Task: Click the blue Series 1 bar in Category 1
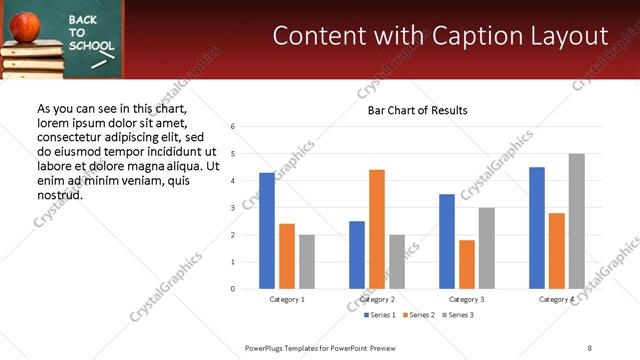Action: (x=267, y=231)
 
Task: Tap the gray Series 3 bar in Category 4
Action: (x=576, y=221)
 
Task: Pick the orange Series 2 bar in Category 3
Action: (x=467, y=264)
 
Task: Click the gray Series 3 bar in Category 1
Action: (x=306, y=262)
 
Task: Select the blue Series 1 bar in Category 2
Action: (x=357, y=255)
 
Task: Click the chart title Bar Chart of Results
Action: (x=411, y=110)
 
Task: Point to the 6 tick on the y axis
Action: (x=232, y=127)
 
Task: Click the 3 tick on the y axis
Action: (x=232, y=208)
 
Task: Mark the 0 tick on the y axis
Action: (x=232, y=289)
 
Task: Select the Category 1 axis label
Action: (x=287, y=299)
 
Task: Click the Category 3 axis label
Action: (x=467, y=299)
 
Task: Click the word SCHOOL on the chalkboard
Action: (x=90, y=45)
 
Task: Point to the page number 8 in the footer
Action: (x=589, y=347)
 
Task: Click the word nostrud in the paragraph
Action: (x=59, y=194)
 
